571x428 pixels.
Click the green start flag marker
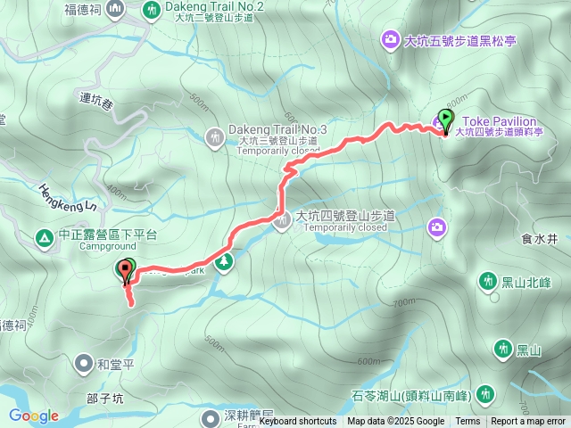tap(445, 118)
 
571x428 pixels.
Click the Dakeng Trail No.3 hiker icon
tap(214, 137)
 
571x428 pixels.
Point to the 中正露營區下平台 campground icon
tap(43, 237)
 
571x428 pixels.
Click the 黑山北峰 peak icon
tap(487, 282)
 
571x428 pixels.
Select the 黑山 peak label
tap(529, 350)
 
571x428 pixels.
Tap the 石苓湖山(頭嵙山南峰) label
tap(426, 393)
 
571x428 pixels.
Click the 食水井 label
tap(540, 239)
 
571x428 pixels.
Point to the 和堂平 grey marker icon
tap(83, 363)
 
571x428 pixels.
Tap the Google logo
tap(33, 416)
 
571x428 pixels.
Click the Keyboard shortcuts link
tap(298, 422)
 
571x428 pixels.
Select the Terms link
tap(468, 422)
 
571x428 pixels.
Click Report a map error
tap(528, 422)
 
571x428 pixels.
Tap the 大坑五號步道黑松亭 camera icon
tap(391, 39)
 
